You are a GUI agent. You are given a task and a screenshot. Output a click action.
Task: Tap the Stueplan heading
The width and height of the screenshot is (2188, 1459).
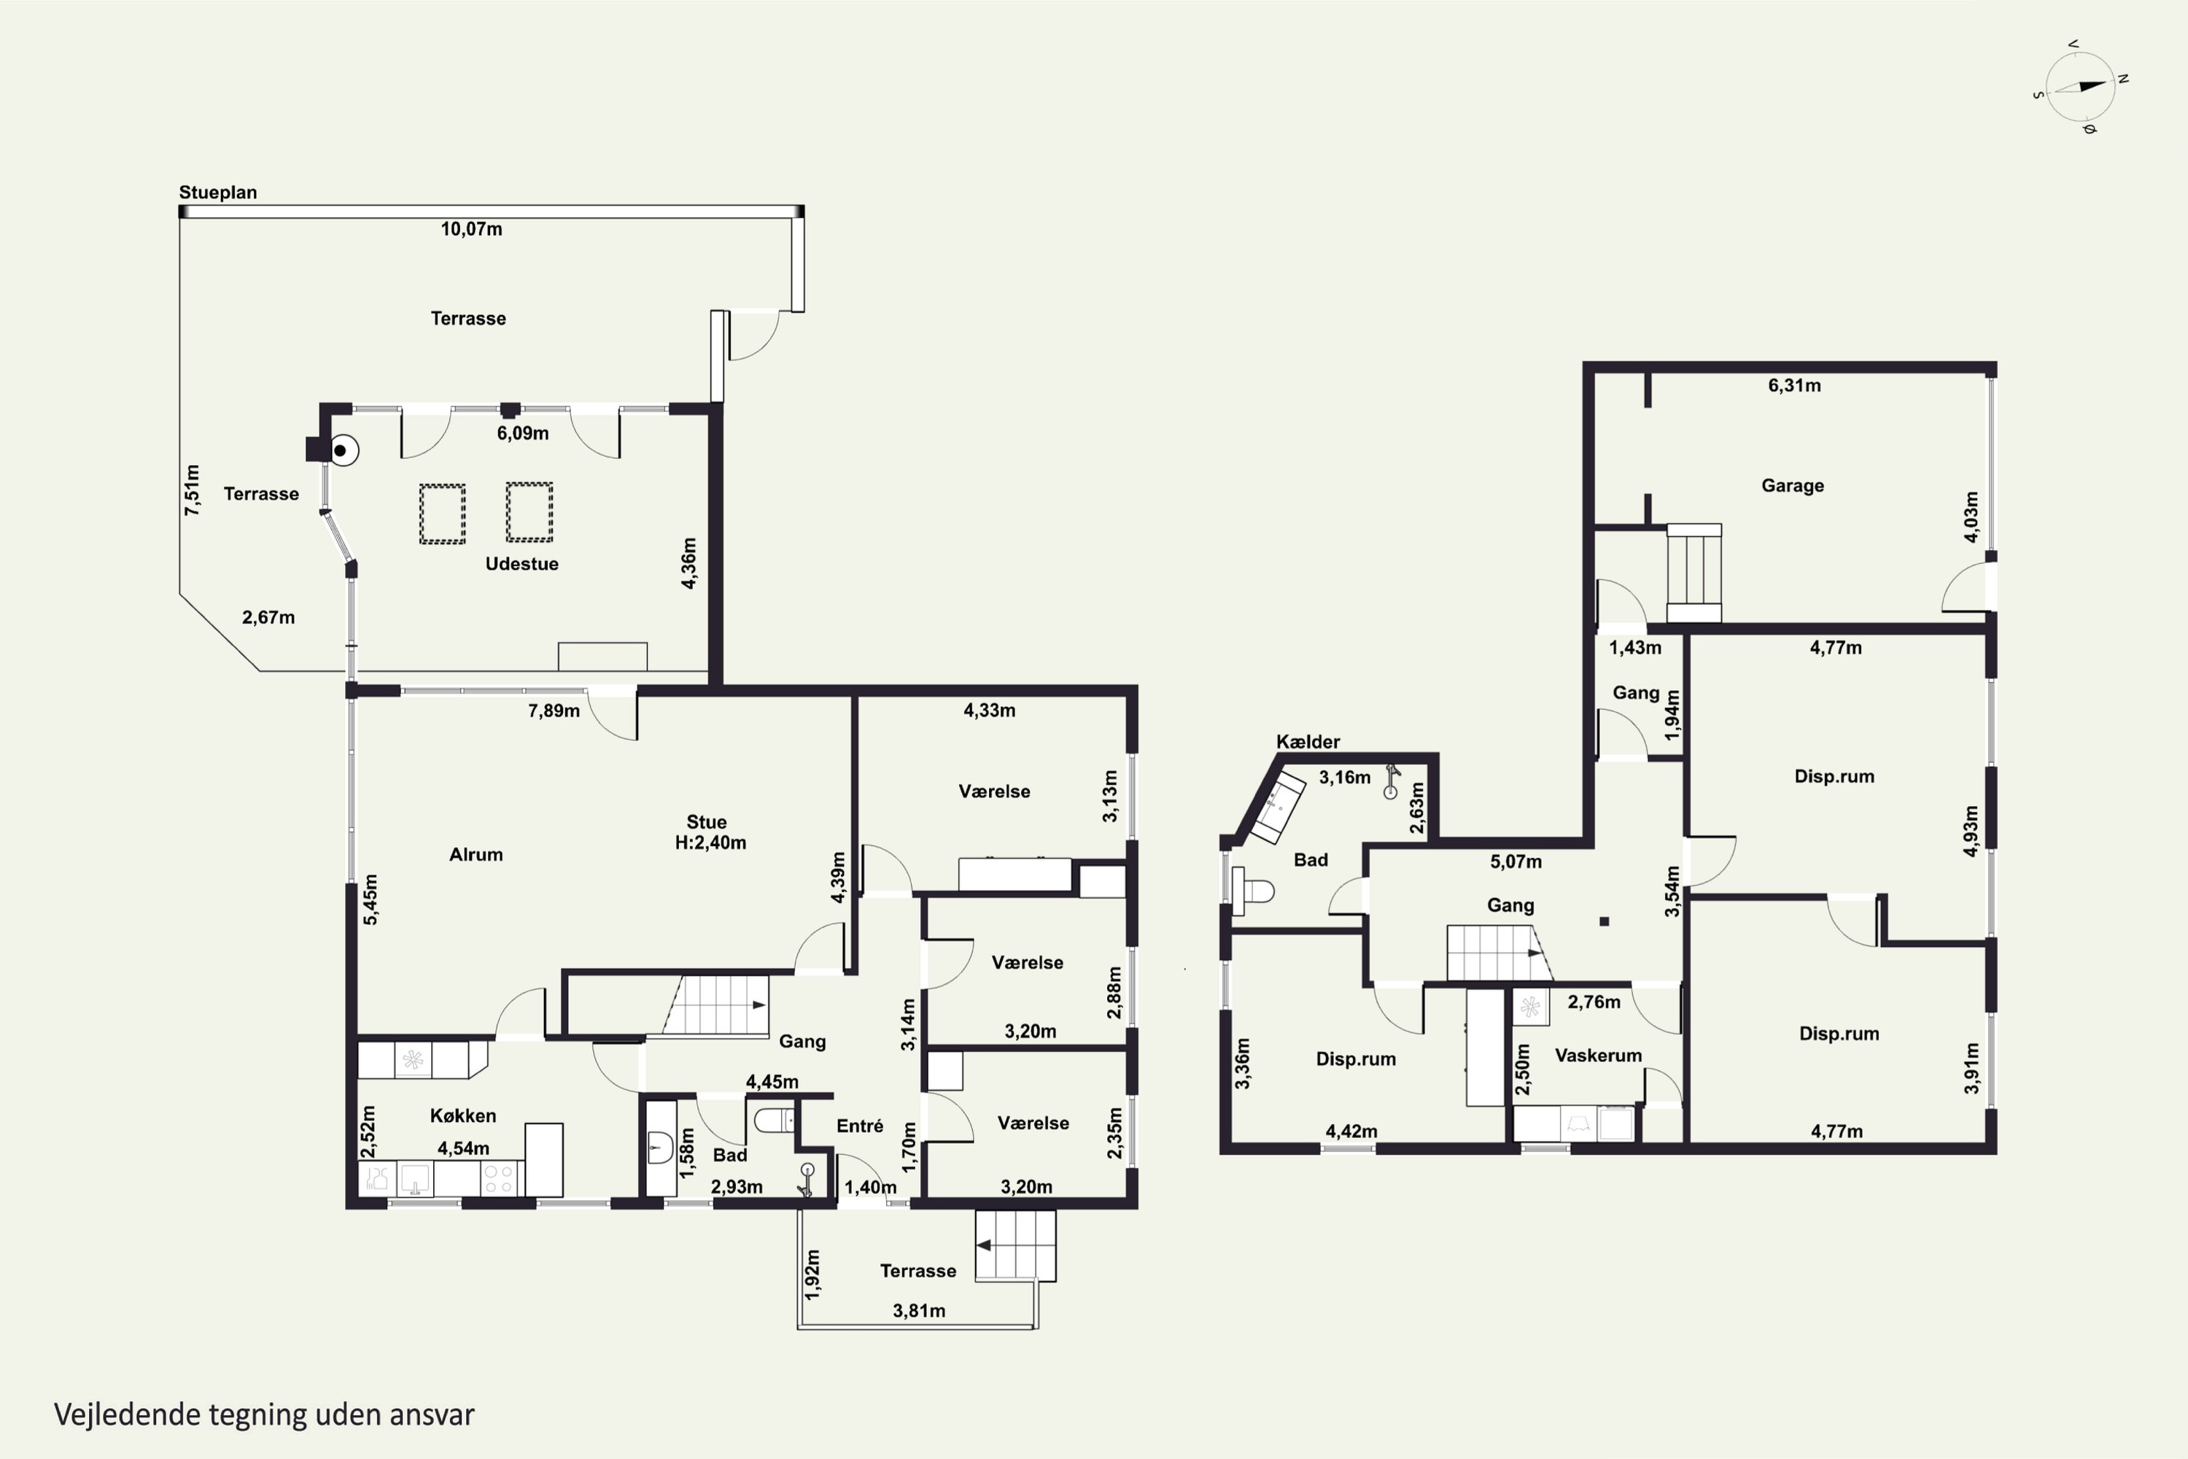click(217, 193)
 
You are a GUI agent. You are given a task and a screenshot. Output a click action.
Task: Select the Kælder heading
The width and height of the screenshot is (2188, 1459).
click(1308, 742)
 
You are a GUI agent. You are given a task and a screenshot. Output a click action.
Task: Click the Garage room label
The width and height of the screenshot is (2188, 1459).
click(1793, 486)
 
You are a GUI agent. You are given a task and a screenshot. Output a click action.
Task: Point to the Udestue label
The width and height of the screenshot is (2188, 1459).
click(522, 564)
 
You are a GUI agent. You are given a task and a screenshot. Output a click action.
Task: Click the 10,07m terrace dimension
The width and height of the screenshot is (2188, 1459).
click(472, 229)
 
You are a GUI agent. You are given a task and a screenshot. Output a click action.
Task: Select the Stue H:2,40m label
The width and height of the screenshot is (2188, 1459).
click(710, 832)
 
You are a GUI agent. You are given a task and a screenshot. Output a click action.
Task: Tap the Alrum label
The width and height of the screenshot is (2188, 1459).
click(476, 854)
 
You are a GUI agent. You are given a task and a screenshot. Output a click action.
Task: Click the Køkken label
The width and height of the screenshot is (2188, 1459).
click(462, 1115)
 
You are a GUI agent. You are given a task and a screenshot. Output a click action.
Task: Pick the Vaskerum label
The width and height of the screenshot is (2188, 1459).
click(1598, 1055)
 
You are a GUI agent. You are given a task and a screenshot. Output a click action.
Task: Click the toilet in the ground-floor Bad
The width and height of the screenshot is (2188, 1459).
click(774, 1119)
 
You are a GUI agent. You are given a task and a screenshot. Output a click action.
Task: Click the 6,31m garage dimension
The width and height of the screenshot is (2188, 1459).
click(1794, 385)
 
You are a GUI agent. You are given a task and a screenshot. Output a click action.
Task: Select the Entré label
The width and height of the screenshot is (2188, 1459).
click(860, 1126)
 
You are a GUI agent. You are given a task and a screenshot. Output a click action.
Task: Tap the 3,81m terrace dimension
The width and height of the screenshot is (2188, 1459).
click(919, 1311)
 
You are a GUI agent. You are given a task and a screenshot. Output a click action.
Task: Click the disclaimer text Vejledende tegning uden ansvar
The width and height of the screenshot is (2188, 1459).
click(264, 1415)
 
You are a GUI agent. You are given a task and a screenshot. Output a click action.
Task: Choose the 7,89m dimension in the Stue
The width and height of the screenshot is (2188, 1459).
click(554, 711)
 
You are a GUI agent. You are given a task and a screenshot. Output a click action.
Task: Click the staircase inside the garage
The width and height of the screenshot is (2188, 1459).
click(1693, 572)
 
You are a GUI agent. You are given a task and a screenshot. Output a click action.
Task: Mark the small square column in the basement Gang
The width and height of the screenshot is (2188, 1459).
click(1605, 921)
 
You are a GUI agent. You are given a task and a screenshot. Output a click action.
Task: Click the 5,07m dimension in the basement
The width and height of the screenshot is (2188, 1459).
click(1516, 862)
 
